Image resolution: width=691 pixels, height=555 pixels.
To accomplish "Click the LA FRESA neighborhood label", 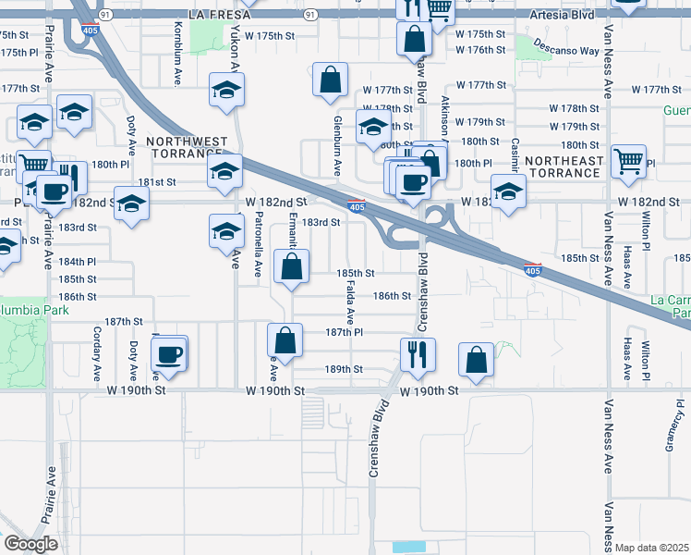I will [219, 16].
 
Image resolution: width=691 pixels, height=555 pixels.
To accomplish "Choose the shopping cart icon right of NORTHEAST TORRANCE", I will [629, 160].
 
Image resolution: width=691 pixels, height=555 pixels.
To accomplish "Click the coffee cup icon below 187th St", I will [170, 353].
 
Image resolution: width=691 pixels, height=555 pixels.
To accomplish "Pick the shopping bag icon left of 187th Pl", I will [285, 339].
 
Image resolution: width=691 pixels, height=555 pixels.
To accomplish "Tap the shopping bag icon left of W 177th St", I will [330, 80].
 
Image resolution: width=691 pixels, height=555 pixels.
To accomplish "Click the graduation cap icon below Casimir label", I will [506, 192].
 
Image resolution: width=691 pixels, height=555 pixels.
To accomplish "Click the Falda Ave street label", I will [351, 302].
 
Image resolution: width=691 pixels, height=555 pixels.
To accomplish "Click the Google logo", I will [31, 544].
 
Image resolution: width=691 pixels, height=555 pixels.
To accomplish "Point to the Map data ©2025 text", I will [651, 548].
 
